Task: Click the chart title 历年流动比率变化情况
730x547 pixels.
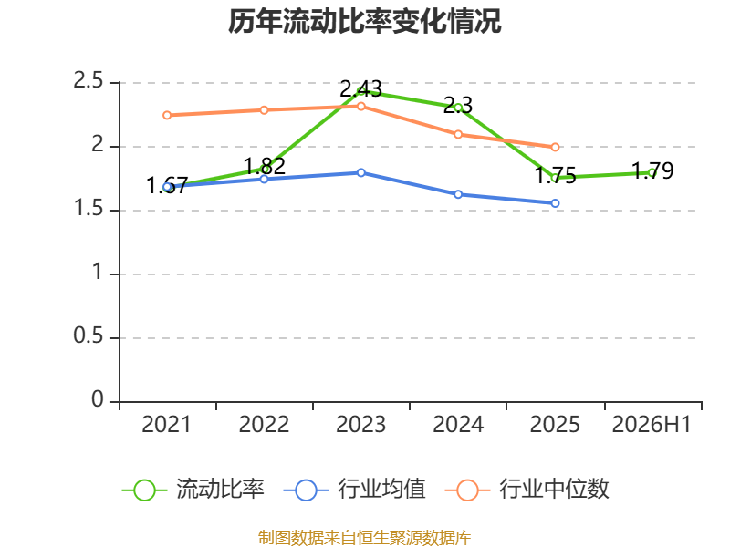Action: click(364, 21)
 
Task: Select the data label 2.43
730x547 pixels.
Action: click(360, 88)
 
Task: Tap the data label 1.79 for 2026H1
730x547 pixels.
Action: click(652, 170)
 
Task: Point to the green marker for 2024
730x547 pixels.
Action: click(458, 108)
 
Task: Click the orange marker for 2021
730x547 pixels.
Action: click(167, 116)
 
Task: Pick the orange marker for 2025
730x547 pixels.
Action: click(555, 147)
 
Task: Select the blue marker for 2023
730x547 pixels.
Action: click(360, 172)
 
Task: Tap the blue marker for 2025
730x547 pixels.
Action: click(555, 203)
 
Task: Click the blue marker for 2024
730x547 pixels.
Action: click(458, 194)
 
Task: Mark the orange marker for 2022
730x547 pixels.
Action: click(264, 110)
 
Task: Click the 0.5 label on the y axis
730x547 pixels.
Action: click(88, 335)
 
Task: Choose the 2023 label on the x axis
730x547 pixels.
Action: click(360, 425)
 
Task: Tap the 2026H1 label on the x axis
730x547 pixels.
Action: click(652, 425)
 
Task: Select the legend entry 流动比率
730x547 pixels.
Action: click(193, 490)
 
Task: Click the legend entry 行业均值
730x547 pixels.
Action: click(355, 490)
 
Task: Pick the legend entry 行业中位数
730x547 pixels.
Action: click(527, 490)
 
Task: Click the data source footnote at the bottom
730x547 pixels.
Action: click(364, 538)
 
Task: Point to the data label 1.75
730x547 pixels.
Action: click(555, 176)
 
